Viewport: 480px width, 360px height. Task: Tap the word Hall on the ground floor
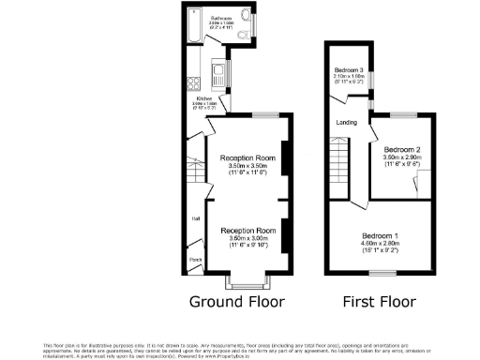[196, 218]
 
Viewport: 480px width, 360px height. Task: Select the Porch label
[196, 260]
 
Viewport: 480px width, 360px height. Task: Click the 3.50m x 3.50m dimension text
[247, 166]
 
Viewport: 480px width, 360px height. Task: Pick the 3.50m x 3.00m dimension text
[247, 238]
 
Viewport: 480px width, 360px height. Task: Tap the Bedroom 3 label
[350, 70]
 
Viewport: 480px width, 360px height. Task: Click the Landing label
[345, 123]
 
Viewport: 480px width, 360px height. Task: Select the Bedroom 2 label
[401, 149]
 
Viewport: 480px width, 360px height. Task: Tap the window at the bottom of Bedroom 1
[382, 273]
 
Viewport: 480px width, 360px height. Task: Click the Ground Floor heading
[236, 301]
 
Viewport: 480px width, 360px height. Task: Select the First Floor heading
[381, 301]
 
